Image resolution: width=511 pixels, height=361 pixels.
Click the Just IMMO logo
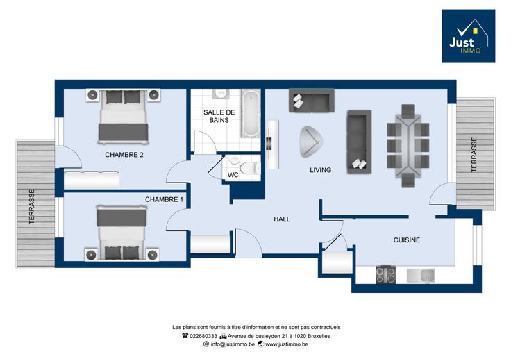[469, 36]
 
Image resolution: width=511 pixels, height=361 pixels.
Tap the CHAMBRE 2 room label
[124, 155]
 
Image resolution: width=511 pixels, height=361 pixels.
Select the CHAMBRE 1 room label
[164, 199]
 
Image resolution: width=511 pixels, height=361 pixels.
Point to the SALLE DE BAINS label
[219, 117]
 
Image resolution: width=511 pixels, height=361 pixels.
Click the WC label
[233, 175]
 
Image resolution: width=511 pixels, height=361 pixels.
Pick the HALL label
[282, 219]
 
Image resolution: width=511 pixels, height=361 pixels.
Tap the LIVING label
[320, 170]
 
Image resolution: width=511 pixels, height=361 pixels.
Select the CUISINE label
[407, 240]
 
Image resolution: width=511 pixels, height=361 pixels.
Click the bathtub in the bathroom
[251, 113]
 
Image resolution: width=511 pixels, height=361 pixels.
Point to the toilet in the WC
[250, 169]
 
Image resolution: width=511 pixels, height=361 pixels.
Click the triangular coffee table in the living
[310, 142]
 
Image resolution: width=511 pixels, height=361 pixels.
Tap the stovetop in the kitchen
[385, 274]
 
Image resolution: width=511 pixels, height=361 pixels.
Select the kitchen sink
[421, 276]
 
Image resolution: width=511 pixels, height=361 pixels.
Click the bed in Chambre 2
[123, 117]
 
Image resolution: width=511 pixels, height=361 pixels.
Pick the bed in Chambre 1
[122, 233]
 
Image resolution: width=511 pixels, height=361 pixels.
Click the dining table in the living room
[408, 146]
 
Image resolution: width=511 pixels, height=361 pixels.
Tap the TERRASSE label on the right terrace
[474, 155]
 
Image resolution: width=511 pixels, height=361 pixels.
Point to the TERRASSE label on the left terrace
[32, 207]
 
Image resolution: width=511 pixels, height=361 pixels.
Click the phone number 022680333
[203, 336]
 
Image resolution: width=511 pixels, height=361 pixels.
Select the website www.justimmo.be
[287, 344]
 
